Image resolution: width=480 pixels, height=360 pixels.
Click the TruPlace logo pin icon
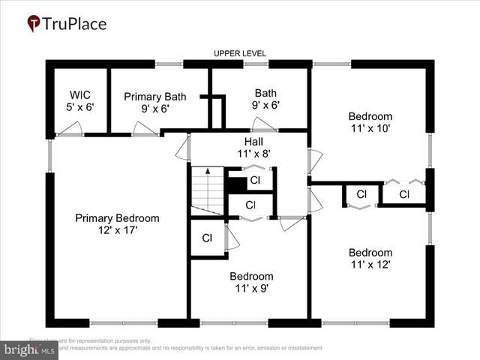pos(34,24)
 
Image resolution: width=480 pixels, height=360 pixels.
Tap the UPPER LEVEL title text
pos(239,54)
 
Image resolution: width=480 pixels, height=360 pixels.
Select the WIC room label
pos(80,101)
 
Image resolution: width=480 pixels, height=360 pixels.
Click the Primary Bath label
pos(154,102)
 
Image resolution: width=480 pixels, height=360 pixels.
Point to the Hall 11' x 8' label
pos(252,147)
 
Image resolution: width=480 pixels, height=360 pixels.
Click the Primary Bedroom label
pos(117,223)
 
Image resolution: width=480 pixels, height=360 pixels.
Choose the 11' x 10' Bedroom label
pos(370,121)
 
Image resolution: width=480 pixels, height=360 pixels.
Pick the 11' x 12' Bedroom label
pos(370,258)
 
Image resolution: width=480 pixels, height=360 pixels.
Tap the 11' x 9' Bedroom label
pos(251,281)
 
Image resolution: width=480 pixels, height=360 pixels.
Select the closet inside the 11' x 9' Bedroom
pos(207,238)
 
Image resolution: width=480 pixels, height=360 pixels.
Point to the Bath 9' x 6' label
pos(265,99)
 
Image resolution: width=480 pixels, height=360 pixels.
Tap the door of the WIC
pos(71,130)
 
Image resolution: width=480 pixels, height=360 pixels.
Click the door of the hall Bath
pos(265,124)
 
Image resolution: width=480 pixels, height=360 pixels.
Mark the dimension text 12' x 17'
pos(117,229)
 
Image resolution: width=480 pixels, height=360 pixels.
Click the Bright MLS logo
pos(29,349)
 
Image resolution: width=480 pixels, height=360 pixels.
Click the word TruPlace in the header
pos(75,24)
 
